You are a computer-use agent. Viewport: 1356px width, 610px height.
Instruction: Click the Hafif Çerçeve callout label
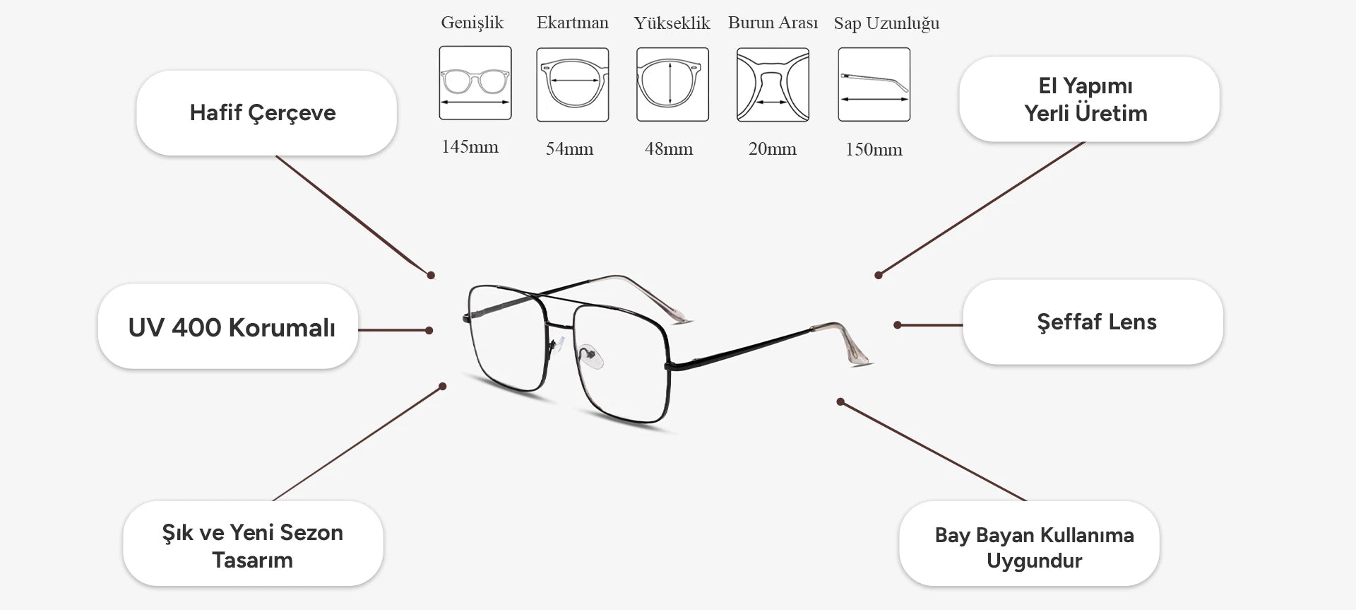pos(266,113)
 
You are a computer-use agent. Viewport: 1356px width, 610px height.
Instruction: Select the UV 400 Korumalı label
pos(228,327)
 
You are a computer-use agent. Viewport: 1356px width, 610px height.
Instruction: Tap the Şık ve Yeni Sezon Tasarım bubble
pos(253,544)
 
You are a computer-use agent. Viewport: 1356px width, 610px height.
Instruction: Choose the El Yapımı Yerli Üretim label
pos(1089,99)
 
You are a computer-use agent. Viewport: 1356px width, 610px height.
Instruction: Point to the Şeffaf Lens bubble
pos(1093,322)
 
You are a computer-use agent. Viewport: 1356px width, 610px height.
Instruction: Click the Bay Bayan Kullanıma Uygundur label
pos(1029,544)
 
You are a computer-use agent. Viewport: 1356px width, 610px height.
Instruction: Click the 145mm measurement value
pos(470,147)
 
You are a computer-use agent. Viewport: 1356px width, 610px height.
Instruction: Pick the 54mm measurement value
pos(569,149)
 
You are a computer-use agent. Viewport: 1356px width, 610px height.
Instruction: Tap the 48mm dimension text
pos(669,149)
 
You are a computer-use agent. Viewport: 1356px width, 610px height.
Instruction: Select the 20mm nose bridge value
pos(772,149)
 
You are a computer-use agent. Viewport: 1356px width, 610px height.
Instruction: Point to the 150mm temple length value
pos(874,150)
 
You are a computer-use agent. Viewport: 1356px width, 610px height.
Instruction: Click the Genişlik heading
pos(472,23)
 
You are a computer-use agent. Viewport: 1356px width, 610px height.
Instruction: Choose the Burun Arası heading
pos(773,23)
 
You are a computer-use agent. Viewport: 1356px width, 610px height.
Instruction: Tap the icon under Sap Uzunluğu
pos(874,85)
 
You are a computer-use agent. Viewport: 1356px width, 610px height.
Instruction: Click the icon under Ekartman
pos(573,85)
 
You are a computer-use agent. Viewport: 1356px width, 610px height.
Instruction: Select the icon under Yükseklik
pos(672,85)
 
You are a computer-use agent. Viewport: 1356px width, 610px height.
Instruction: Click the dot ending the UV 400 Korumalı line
pos(429,330)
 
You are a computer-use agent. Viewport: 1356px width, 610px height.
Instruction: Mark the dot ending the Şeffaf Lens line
pos(897,325)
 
